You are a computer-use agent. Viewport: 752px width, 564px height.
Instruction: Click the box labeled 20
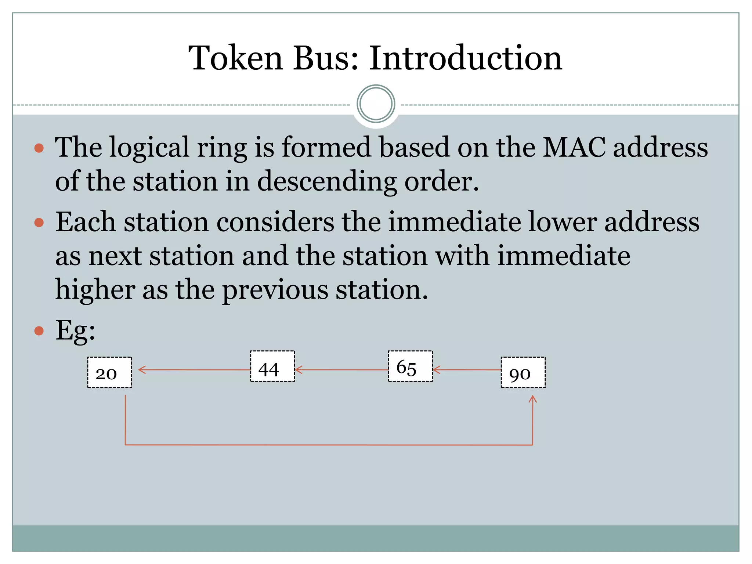[109, 372]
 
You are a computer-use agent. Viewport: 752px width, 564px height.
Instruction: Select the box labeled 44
[272, 366]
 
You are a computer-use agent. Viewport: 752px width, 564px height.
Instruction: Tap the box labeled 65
[410, 366]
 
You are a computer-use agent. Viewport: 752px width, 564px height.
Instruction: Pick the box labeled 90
[523, 372]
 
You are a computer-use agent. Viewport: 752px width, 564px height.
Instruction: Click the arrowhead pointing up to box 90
[532, 399]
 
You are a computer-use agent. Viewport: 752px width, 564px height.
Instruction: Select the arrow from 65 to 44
[341, 370]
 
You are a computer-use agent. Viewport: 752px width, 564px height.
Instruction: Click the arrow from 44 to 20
[195, 370]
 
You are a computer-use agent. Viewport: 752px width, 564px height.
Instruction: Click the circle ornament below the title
[376, 104]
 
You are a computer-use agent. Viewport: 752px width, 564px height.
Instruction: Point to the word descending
[327, 181]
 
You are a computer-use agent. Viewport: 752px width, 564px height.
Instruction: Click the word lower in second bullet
[562, 223]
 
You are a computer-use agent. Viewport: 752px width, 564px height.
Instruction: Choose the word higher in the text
[95, 290]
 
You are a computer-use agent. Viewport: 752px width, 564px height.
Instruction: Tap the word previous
[275, 290]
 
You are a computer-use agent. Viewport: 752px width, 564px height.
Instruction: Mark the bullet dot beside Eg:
[39, 331]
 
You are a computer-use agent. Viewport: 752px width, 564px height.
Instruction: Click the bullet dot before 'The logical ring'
[39, 148]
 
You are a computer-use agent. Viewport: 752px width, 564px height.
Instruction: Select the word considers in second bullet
[275, 223]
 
